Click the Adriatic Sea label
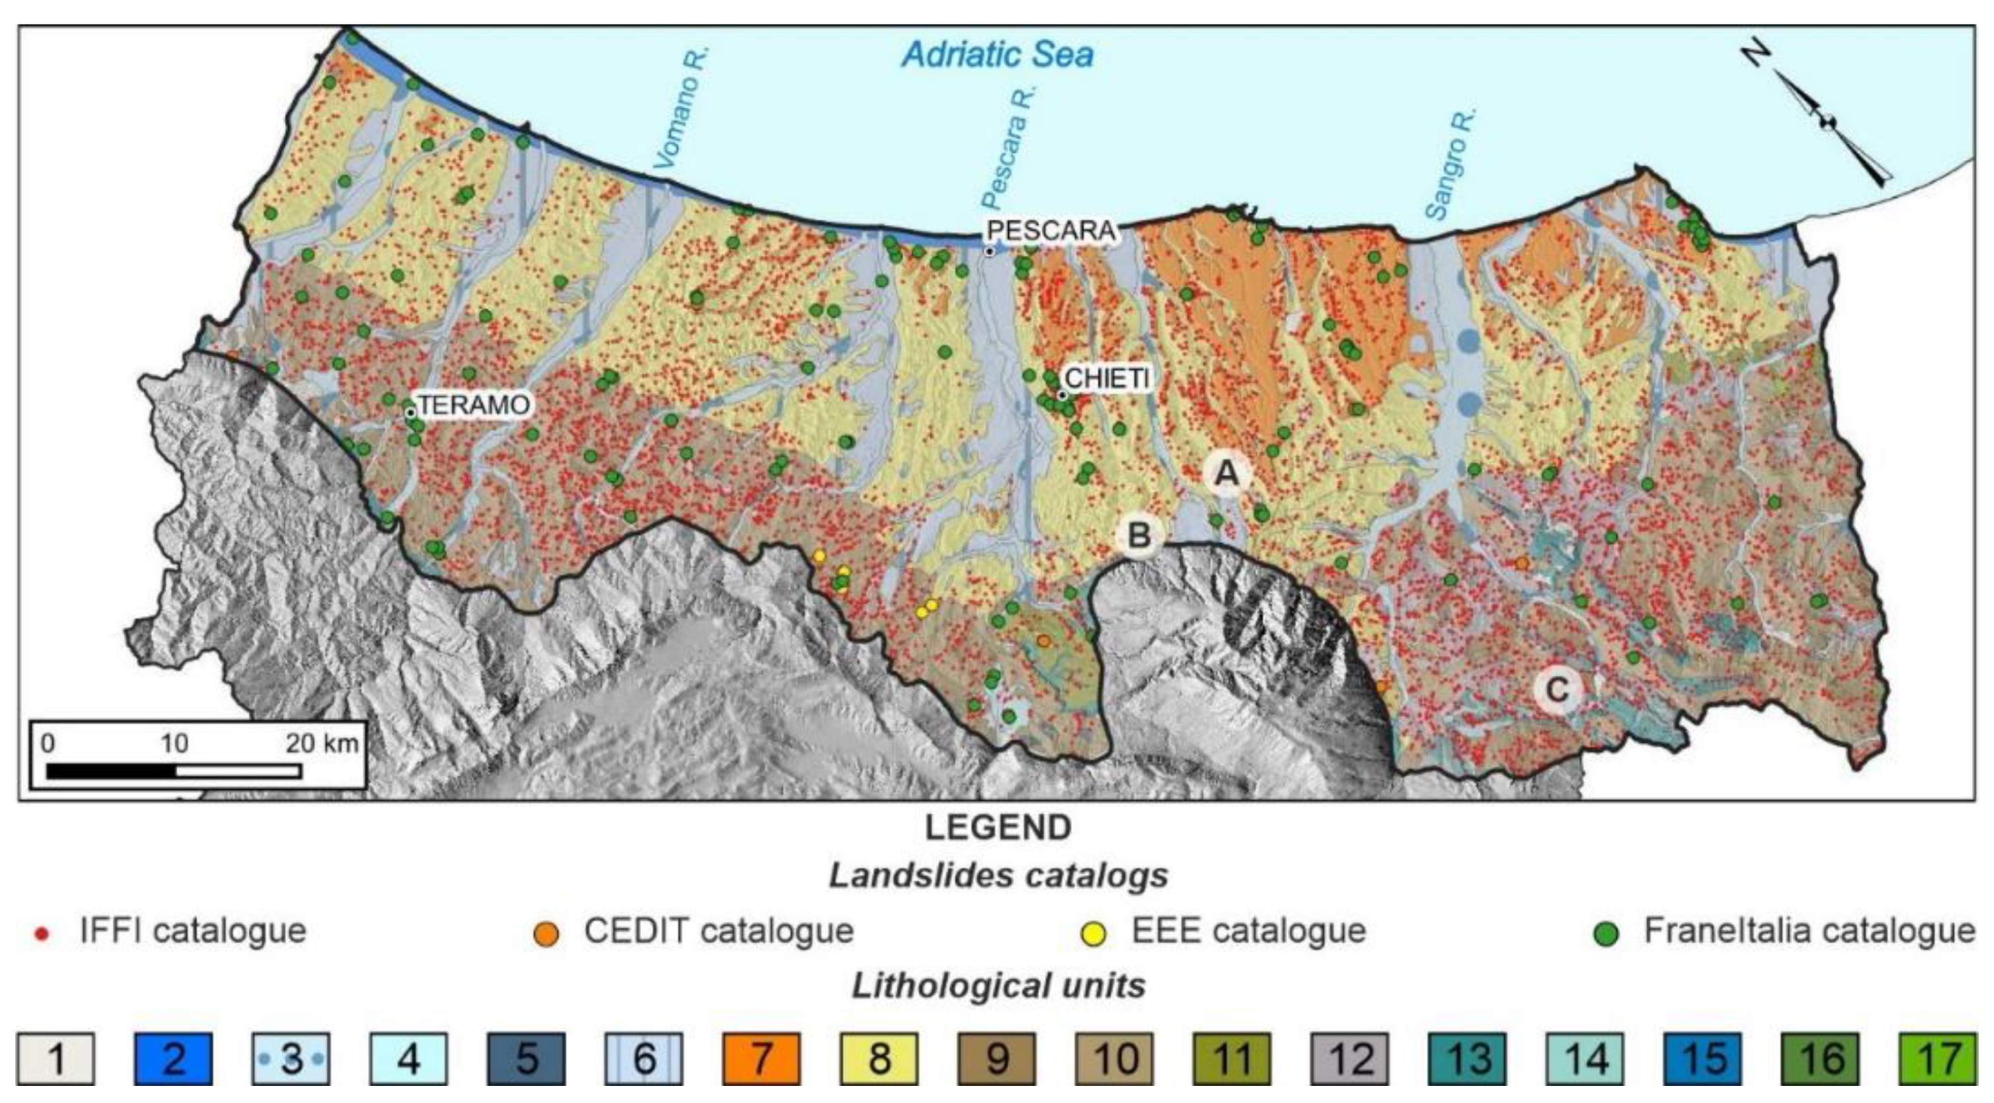point(997,55)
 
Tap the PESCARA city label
point(1052,230)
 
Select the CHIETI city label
point(1107,378)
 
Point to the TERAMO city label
point(473,404)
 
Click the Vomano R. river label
point(681,108)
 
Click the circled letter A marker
point(1226,471)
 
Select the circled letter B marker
point(1139,535)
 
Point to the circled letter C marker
point(1557,688)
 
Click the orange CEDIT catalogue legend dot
point(547,934)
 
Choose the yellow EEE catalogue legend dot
point(1094,934)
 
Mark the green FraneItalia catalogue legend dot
point(1607,934)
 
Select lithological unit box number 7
point(762,1058)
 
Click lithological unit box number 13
point(1468,1058)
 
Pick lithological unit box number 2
point(173,1058)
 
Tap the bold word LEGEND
point(998,827)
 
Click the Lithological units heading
point(998,986)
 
